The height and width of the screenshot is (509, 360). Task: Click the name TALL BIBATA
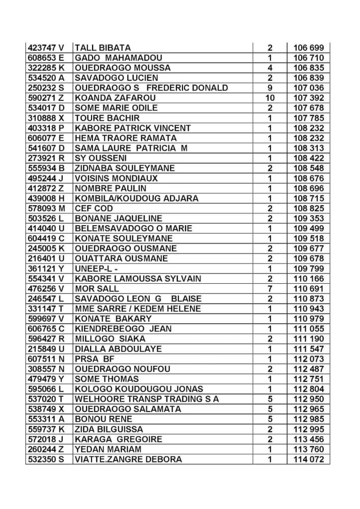(102, 48)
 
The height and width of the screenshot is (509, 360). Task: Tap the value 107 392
(309, 98)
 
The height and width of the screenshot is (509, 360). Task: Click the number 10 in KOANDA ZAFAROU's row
(270, 98)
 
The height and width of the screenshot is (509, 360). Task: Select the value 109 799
(309, 268)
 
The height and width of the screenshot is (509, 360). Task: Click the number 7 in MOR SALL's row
(270, 289)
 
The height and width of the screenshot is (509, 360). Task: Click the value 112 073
(309, 359)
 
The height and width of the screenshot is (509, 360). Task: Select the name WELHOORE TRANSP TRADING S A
(147, 399)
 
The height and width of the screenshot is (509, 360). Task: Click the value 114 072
(309, 459)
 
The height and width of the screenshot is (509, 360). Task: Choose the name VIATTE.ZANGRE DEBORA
(128, 459)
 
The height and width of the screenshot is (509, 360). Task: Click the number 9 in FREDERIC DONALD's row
(270, 88)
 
